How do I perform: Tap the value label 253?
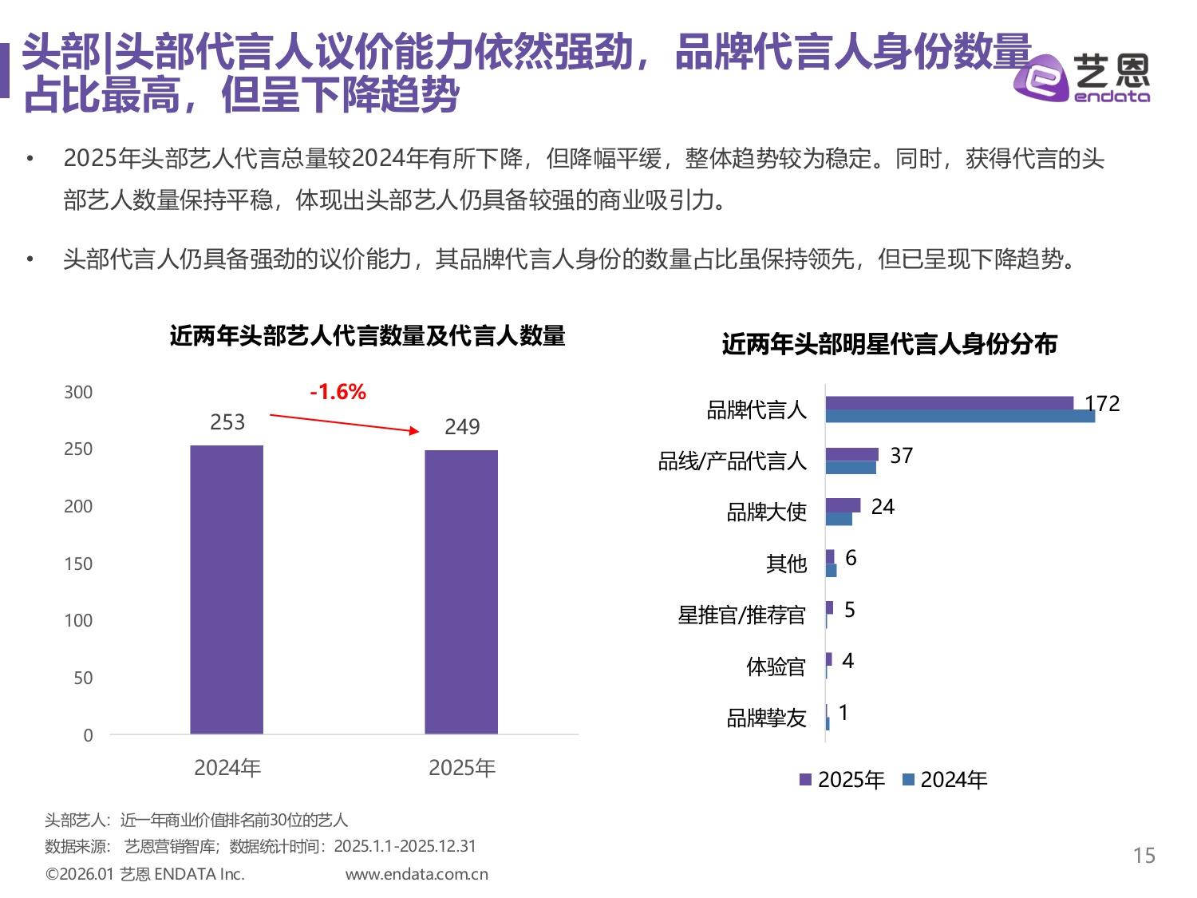coord(227,422)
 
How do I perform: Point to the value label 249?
coord(462,427)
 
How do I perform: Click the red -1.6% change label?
coord(338,392)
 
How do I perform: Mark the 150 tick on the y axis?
coord(78,564)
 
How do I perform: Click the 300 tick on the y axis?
coord(78,392)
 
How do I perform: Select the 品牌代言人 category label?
coord(757,409)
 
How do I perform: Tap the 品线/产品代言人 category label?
coord(732,461)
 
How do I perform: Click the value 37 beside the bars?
coord(901,456)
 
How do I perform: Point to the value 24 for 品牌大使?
coord(883,507)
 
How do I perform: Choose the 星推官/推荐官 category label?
coord(741,615)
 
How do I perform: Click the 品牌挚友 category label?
coord(766,718)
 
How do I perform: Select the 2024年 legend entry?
coord(945,780)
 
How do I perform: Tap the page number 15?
coord(1144,856)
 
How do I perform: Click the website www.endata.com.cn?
coord(417,874)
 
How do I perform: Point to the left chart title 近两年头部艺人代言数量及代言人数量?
coord(367,336)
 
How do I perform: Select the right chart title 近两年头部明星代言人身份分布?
coord(889,344)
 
